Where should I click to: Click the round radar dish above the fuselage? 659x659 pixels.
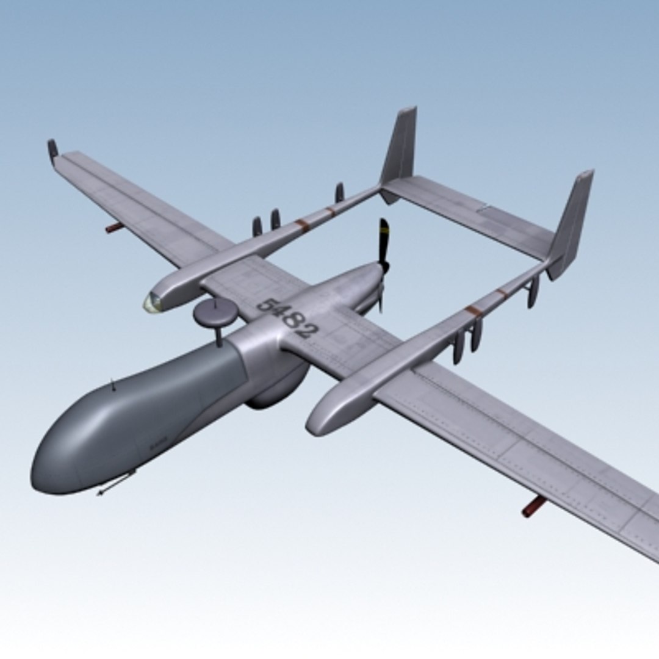[215, 311]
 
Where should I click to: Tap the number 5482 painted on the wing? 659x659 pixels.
[287, 317]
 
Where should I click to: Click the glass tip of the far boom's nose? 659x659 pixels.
[151, 301]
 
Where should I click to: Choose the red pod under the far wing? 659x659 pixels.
[114, 228]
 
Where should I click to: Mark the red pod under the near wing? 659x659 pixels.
[534, 506]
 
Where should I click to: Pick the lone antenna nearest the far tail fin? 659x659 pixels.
[339, 192]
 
